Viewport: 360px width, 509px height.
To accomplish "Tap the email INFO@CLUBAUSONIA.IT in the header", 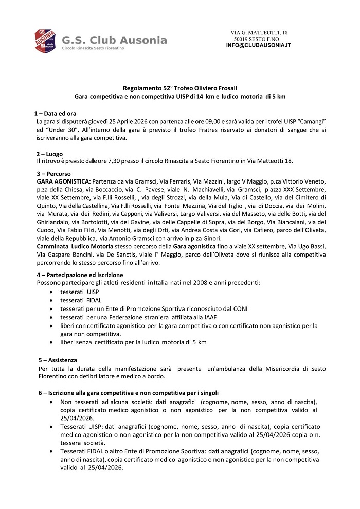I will [x=258, y=45].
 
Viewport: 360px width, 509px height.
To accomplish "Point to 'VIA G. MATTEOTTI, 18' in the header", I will [x=259, y=33].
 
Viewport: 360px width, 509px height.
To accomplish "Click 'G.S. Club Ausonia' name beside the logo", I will [x=114, y=40].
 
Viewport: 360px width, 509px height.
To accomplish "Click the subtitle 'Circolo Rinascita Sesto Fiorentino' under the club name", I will [x=93, y=48].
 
